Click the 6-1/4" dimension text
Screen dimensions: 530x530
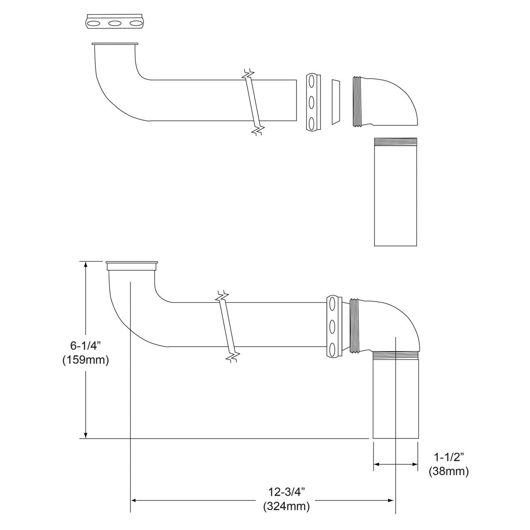click(85, 345)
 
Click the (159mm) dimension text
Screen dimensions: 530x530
click(85, 360)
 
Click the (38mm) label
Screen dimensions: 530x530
click(448, 472)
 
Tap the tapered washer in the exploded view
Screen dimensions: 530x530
click(336, 101)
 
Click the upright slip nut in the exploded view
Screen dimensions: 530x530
click(311, 102)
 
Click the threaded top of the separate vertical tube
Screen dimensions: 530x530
click(395, 141)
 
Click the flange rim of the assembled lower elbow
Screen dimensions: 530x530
click(132, 266)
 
